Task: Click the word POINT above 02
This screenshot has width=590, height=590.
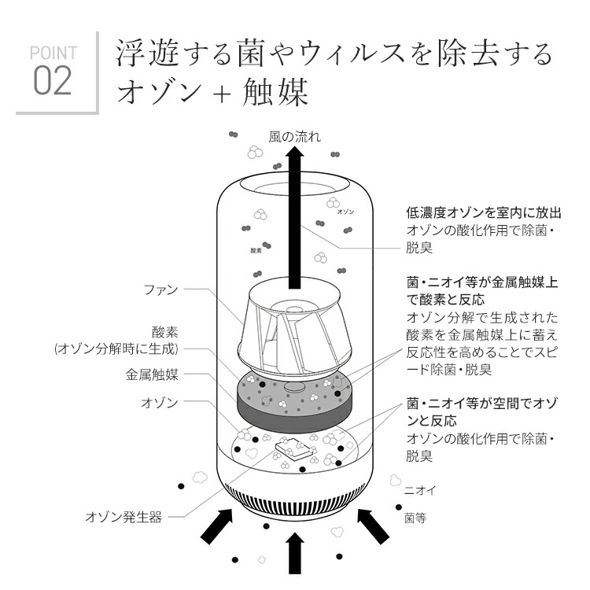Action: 53,53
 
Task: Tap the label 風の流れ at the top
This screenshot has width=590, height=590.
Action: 294,137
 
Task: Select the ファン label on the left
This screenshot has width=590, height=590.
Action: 160,290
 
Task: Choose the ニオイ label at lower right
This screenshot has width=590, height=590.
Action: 419,490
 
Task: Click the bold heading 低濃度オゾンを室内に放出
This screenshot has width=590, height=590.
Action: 483,212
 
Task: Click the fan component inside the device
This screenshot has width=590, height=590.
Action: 295,326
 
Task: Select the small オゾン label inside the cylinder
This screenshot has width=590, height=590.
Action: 345,212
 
